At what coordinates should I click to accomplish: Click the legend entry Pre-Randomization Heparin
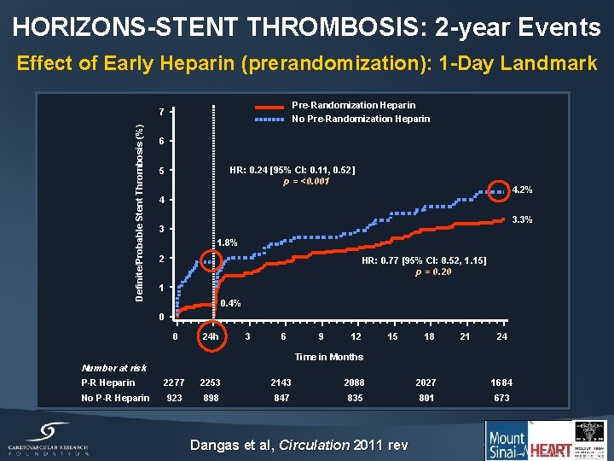[353, 105]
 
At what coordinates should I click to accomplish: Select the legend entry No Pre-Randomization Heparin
[361, 119]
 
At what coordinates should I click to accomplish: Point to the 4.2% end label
[522, 190]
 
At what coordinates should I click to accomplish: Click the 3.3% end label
[522, 219]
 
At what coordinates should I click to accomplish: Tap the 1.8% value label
[227, 243]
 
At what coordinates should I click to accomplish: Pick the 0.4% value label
[230, 303]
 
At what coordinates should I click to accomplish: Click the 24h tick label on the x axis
[209, 336]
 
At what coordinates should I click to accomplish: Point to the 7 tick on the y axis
[162, 111]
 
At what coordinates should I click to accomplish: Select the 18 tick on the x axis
[429, 336]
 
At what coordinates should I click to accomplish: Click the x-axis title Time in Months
[328, 357]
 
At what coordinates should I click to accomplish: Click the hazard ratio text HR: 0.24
[293, 170]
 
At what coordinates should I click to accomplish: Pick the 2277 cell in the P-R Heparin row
[174, 382]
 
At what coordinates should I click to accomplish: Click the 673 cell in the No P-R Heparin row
[501, 398]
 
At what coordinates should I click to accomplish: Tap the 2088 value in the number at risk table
[355, 382]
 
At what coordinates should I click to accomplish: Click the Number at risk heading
[114, 368]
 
